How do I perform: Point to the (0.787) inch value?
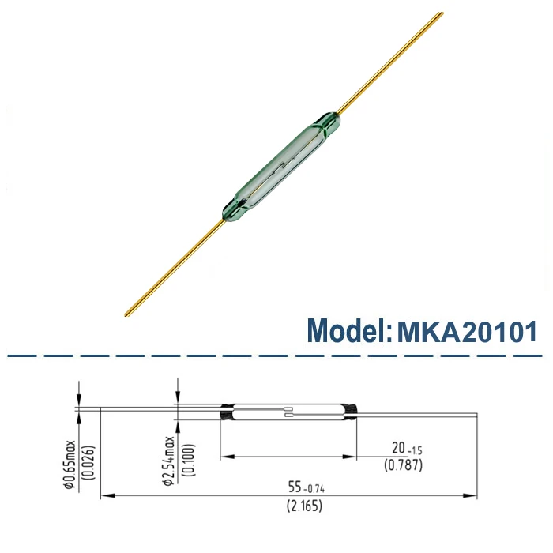tap(402, 466)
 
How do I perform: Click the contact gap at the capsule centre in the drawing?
tap(291, 412)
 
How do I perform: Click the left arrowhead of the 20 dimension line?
tap(225, 456)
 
